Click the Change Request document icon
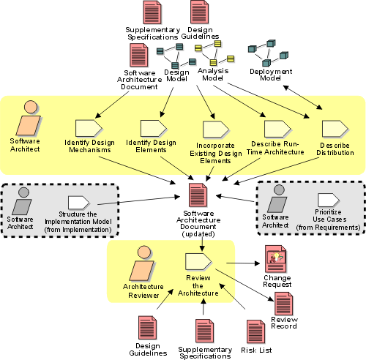pos(276,259)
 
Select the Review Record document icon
pos(283,304)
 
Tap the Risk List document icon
pos(255,331)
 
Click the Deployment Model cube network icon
pos(268,53)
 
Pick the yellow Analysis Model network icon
pos(214,53)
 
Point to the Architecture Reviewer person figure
pos(143,263)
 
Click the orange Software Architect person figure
pos(29,118)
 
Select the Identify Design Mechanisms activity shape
pos(89,128)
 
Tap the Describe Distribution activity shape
pos(335,129)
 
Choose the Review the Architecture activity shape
pos(198,262)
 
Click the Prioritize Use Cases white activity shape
pos(329,200)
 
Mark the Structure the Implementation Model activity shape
pos(79,203)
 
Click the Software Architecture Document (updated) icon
pos(198,195)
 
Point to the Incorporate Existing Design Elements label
pos(216,153)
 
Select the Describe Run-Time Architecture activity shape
pos(277,129)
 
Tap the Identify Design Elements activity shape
pos(154,128)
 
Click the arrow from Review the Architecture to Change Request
pos(243,263)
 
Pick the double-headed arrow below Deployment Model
pos(302,97)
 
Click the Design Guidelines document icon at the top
pos(199,12)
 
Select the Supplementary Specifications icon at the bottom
pos(204,331)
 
